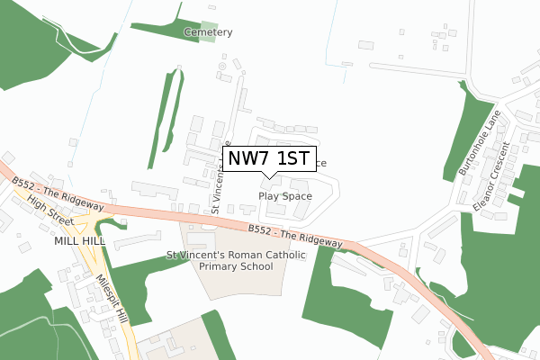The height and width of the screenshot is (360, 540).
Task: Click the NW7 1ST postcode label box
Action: (x=269, y=160)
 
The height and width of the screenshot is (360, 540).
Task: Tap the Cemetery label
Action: (x=208, y=32)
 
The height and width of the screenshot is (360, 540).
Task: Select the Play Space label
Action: (x=285, y=195)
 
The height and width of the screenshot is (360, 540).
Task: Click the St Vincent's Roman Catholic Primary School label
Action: (x=237, y=261)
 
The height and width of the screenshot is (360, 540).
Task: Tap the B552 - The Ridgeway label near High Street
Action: (x=58, y=193)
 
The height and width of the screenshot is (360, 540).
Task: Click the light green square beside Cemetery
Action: (x=208, y=32)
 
